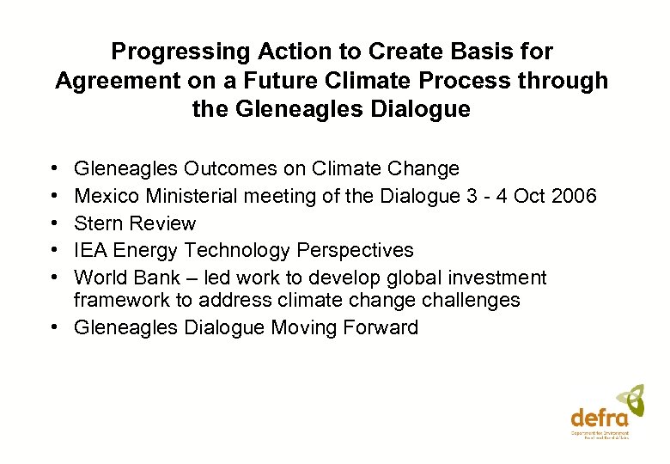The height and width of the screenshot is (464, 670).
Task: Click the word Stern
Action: tap(98, 223)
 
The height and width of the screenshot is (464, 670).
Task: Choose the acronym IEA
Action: tap(92, 250)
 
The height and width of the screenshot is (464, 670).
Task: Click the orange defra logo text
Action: tap(600, 418)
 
